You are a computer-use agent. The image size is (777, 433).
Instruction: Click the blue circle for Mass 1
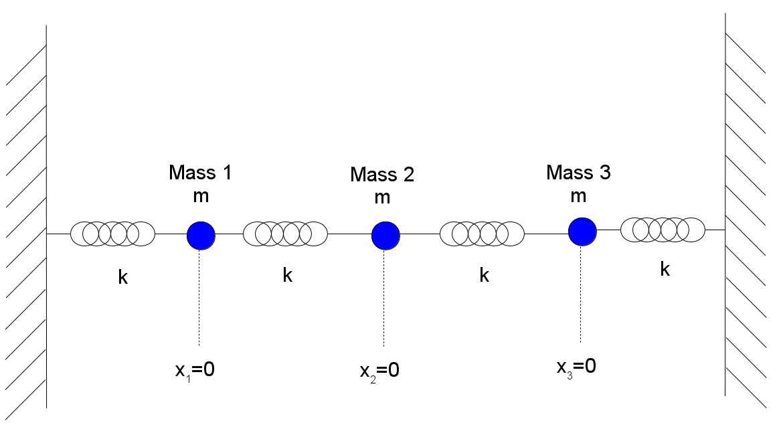click(x=201, y=234)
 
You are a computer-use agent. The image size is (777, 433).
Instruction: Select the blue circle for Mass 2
click(x=385, y=235)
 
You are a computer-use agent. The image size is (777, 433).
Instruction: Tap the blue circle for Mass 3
click(x=582, y=231)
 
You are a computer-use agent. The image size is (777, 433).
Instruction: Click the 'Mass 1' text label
click(x=200, y=173)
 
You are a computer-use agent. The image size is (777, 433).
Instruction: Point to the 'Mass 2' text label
click(x=382, y=175)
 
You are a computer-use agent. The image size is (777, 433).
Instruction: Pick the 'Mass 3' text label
click(x=578, y=172)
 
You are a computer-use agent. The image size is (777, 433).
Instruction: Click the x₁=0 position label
click(x=195, y=370)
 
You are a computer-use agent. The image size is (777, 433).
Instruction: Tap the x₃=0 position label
click(x=576, y=366)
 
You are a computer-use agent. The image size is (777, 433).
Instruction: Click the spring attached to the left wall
click(x=113, y=234)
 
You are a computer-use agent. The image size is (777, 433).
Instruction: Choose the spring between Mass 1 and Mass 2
click(x=285, y=234)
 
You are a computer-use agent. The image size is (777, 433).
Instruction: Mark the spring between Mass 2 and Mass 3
click(x=482, y=234)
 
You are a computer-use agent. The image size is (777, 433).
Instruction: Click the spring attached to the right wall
click(x=663, y=230)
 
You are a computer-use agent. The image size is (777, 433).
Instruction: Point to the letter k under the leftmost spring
click(x=123, y=277)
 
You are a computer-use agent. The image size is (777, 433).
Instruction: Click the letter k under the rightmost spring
click(x=665, y=269)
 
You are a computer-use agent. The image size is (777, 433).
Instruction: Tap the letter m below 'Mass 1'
click(x=200, y=198)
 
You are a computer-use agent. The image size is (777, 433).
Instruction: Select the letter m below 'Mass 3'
click(x=578, y=196)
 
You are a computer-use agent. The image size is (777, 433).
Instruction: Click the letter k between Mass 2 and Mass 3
click(x=484, y=275)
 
